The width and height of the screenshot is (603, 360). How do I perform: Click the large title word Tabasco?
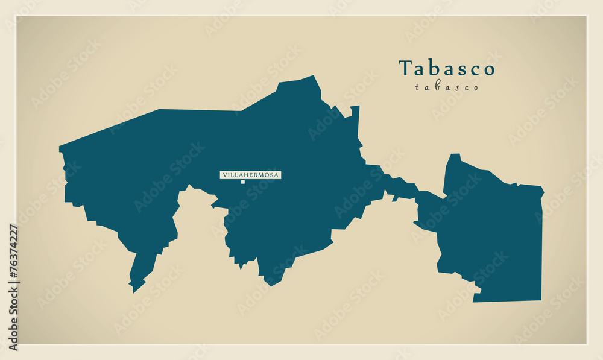(446, 68)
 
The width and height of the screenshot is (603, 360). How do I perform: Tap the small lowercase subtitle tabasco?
(446, 87)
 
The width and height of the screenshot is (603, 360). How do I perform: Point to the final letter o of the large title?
(489, 69)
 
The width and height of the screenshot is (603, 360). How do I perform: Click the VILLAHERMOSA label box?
(250, 175)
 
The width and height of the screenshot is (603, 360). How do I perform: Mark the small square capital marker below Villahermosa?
(243, 182)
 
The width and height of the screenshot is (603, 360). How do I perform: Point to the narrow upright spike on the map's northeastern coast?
(356, 121)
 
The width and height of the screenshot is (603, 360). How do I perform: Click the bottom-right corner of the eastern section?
(540, 298)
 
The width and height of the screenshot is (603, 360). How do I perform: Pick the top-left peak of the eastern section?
(453, 156)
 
